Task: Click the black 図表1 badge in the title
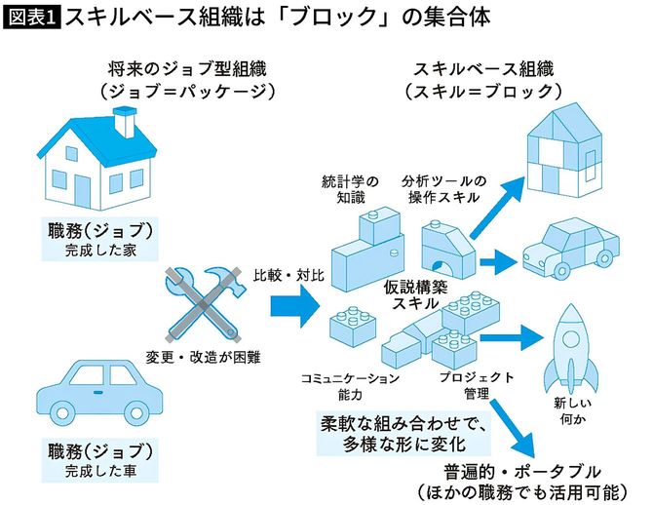[x=33, y=17]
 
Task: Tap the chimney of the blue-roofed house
[x=124, y=121]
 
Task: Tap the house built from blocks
[x=562, y=149]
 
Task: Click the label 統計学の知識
[x=349, y=189]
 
